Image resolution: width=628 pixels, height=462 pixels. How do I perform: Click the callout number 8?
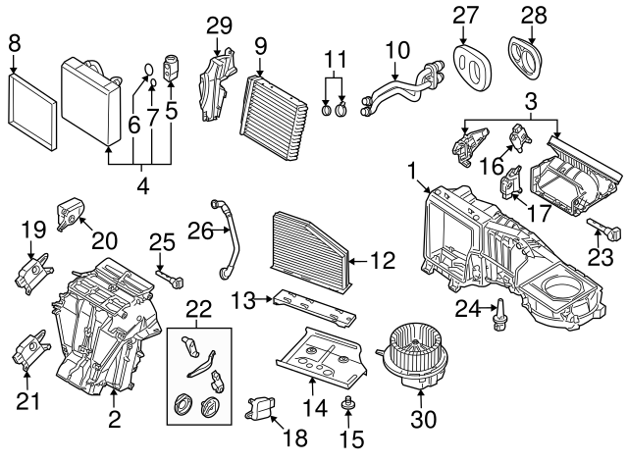(13, 42)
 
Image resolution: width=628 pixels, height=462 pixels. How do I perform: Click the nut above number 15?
(345, 404)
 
